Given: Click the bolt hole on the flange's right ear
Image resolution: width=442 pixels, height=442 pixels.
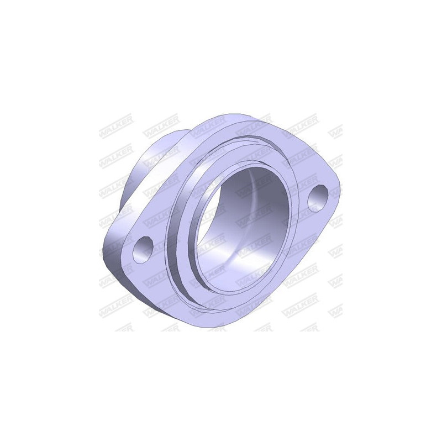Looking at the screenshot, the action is coord(318,198).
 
